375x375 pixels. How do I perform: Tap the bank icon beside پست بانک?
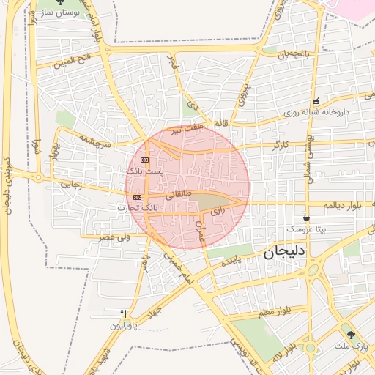coord(144,159)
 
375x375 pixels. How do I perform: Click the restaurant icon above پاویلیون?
coord(123,313)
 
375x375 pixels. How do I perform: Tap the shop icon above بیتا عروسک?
coord(305,218)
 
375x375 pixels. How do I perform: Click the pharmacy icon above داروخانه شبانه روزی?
coord(316,101)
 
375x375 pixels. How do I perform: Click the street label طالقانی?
coord(178,196)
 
